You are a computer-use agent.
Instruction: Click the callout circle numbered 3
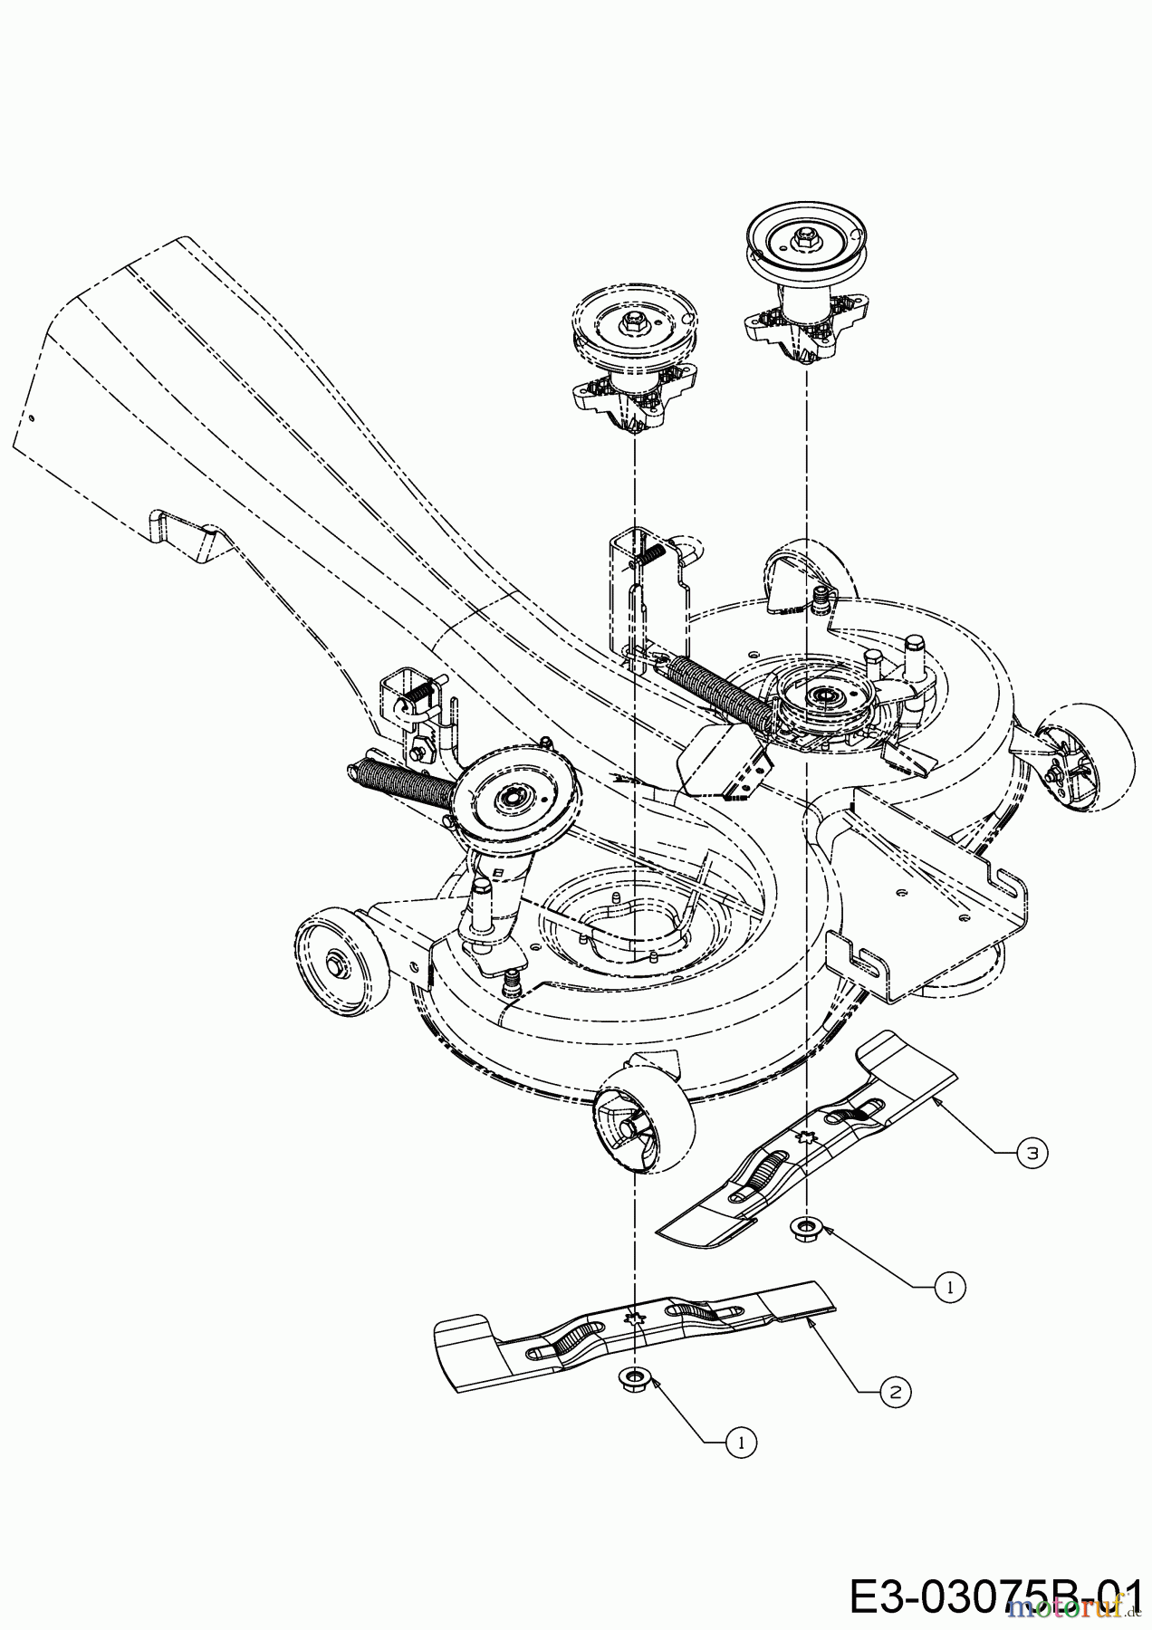click(x=1032, y=1153)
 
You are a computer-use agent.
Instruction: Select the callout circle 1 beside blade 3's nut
click(x=948, y=1285)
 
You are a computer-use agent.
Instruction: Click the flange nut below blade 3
click(x=802, y=1229)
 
